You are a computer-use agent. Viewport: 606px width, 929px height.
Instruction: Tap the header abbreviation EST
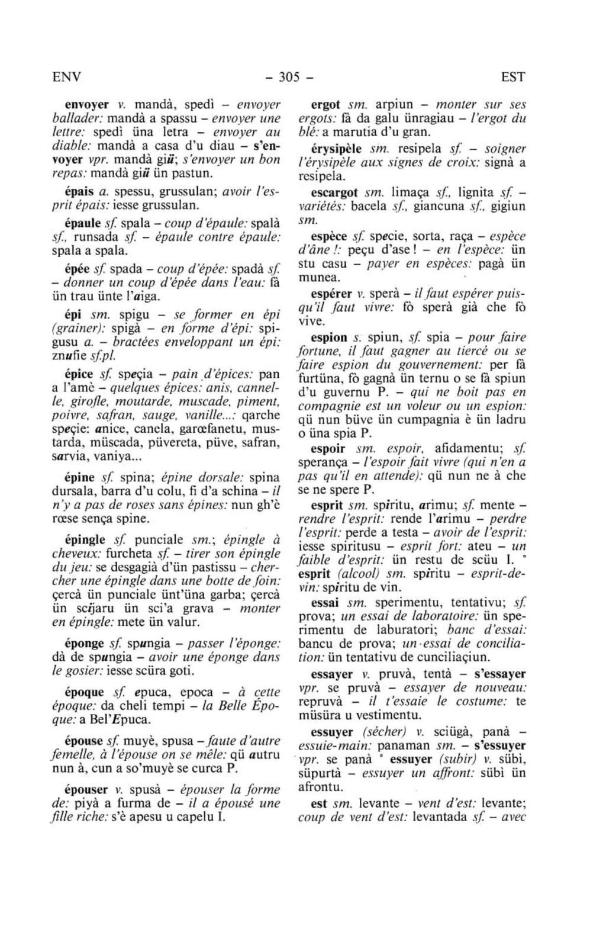[512, 78]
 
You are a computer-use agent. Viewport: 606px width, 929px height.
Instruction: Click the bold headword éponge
[84, 643]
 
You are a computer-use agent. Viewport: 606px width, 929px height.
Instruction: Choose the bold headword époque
[84, 692]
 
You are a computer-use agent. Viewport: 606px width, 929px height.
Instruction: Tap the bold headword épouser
[86, 789]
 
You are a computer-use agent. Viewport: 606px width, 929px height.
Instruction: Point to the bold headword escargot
[334, 192]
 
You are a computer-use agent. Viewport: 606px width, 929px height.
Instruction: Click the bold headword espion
[329, 337]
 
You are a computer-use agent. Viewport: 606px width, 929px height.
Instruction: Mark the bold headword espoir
[328, 448]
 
